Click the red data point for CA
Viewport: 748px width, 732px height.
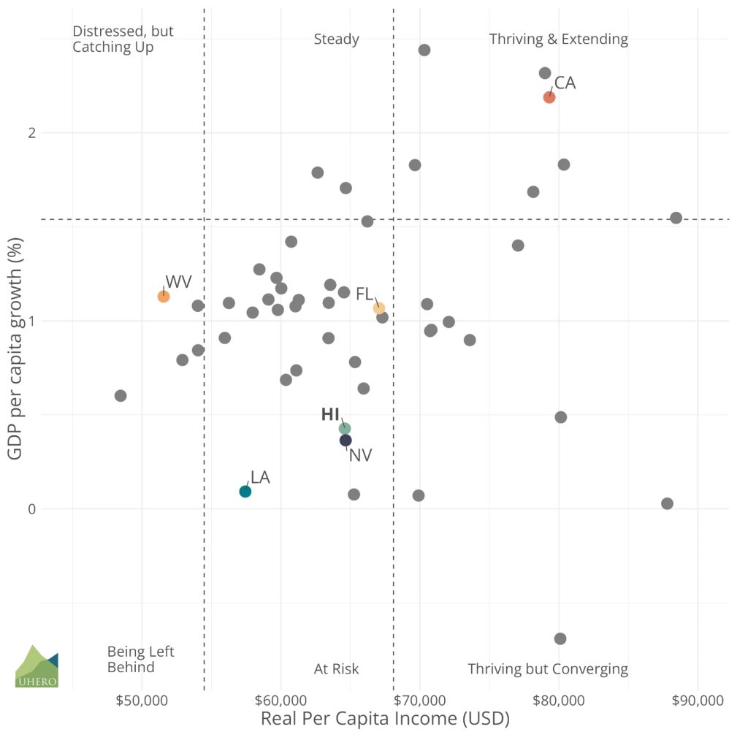(549, 97)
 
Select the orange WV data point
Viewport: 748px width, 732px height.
(164, 296)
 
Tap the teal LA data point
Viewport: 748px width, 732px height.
(245, 491)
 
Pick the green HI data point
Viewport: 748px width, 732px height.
(345, 428)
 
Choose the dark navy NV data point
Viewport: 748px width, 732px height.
(346, 441)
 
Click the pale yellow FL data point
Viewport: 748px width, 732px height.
(378, 308)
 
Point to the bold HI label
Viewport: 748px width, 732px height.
(330, 415)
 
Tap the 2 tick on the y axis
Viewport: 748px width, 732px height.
(31, 133)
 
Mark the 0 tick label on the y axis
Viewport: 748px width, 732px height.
(31, 509)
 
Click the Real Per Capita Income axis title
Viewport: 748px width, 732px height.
(385, 718)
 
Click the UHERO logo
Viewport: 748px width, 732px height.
(37, 666)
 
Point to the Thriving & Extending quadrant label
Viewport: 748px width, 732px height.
(558, 39)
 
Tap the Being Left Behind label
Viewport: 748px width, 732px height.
(140, 659)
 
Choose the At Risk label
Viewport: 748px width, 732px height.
(336, 669)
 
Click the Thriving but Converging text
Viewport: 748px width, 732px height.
(547, 669)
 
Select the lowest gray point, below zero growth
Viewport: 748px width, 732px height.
(560, 638)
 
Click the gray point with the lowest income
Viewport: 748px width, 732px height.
(121, 395)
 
